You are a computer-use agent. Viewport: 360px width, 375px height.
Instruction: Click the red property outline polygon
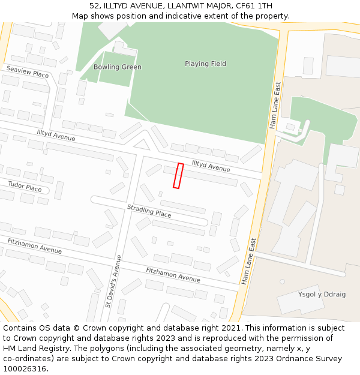178,176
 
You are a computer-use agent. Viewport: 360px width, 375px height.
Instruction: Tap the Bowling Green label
118,67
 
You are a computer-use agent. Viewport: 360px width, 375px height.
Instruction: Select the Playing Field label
205,64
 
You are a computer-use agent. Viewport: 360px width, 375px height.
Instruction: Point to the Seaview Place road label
28,73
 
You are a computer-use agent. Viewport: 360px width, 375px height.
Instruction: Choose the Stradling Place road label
149,211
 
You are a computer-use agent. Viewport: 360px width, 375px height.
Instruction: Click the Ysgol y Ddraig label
322,294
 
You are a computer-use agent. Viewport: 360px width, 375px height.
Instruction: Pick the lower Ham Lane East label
249,262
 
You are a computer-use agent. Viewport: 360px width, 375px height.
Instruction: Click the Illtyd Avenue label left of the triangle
56,135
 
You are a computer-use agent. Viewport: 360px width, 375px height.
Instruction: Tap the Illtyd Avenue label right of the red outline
211,165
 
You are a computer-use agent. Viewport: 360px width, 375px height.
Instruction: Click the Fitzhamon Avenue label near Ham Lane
173,275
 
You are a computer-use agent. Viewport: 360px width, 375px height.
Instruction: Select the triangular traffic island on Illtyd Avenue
142,145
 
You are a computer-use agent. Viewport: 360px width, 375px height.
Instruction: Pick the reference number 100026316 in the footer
25,368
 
